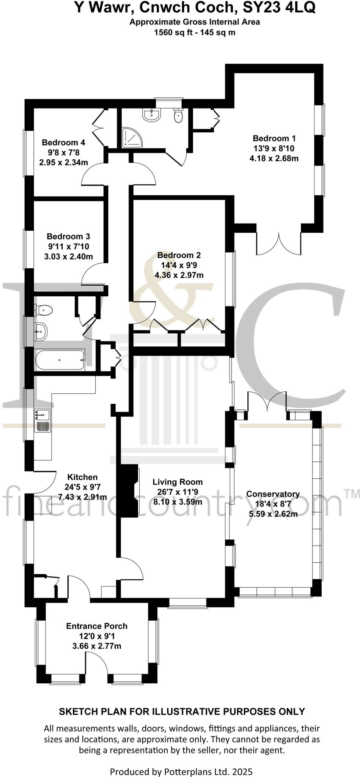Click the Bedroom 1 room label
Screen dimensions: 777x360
point(274,138)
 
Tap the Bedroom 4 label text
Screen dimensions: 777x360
point(63,143)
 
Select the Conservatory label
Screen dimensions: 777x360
point(273,494)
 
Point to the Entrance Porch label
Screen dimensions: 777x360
point(97,626)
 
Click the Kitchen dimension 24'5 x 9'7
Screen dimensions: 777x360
point(82,487)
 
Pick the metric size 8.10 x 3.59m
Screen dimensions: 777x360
point(178,502)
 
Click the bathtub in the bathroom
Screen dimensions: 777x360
point(60,360)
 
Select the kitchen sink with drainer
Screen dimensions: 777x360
point(42,420)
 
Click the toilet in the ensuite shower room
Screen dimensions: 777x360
point(178,115)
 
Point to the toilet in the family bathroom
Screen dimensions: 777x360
point(43,310)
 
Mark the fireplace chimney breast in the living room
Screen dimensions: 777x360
point(128,491)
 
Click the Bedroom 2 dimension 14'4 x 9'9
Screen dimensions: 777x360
point(179,265)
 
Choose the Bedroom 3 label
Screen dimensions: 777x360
point(68,237)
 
